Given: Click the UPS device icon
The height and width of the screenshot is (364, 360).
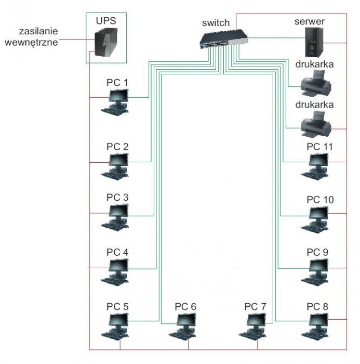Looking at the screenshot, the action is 106,42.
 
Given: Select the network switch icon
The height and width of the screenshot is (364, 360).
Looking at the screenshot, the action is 224,39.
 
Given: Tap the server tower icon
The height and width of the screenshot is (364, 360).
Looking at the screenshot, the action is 314,42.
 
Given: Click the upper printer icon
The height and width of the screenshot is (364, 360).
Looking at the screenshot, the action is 316,84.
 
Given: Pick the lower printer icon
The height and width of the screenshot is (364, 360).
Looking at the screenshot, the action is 316,124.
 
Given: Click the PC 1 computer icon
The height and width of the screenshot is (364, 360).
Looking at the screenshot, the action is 115,102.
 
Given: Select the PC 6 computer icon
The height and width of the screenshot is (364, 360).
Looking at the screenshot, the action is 183,327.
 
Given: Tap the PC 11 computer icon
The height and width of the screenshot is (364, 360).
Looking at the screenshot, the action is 315,167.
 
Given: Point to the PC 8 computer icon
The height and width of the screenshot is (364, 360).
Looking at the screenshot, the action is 315,327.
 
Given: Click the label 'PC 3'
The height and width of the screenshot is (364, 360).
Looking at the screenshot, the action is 117,198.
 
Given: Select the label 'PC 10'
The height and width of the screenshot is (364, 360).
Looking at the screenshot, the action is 320,200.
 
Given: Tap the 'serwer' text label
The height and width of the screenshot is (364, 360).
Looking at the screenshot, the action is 310,22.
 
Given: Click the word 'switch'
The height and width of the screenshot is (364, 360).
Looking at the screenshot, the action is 216,23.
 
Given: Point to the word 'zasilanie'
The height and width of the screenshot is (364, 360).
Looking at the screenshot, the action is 38,31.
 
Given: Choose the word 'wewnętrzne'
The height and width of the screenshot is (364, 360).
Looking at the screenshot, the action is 31,43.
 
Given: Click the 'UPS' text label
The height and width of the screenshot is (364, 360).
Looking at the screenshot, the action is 106,21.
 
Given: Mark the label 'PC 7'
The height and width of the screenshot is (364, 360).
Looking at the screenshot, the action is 255,307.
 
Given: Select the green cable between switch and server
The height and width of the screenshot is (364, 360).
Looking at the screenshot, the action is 276,37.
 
